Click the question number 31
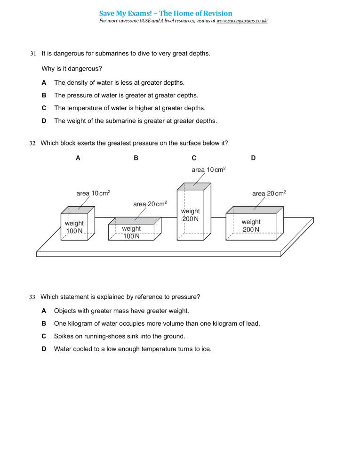click(x=33, y=54)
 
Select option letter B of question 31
click(x=44, y=95)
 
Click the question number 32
click(x=32, y=143)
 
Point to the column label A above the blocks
click(x=78, y=159)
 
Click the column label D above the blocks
click(x=253, y=159)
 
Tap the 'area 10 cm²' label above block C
click(x=208, y=169)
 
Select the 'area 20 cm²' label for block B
click(x=150, y=204)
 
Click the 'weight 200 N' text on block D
click(x=251, y=225)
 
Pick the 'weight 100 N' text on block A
click(x=74, y=227)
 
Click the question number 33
click(x=32, y=297)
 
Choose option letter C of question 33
click(x=44, y=337)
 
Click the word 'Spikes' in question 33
click(x=63, y=337)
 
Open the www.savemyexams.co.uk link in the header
click(x=242, y=21)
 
